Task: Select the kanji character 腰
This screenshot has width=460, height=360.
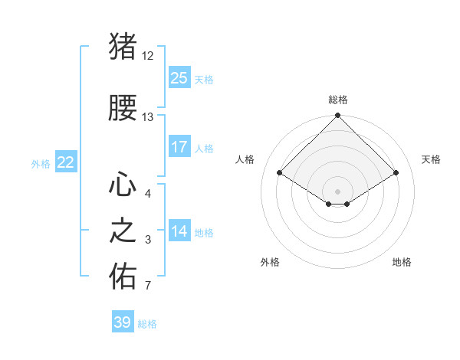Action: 123,109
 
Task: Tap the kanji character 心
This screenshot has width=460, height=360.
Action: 123,185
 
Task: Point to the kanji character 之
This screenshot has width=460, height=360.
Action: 123,231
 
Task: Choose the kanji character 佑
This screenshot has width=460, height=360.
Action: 123,277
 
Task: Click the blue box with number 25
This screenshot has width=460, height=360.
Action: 179,78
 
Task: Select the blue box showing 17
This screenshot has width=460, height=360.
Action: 179,147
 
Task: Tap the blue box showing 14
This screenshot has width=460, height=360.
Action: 179,231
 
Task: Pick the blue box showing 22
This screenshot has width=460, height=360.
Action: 65,162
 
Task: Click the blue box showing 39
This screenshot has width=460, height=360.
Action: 123,322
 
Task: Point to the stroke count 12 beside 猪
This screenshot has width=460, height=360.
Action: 148,56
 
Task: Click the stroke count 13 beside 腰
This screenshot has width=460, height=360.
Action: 148,117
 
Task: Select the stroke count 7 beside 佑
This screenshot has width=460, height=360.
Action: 147,286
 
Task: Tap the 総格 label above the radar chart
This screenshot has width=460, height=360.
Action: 337,100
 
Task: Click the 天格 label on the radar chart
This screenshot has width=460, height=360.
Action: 432,159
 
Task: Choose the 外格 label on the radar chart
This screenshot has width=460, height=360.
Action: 270,262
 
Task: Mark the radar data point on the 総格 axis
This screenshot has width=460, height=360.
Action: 337,116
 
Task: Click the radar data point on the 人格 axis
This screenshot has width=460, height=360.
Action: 279,172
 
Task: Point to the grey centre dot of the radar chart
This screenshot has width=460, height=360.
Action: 337,191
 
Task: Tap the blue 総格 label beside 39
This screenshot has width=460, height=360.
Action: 147,324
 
